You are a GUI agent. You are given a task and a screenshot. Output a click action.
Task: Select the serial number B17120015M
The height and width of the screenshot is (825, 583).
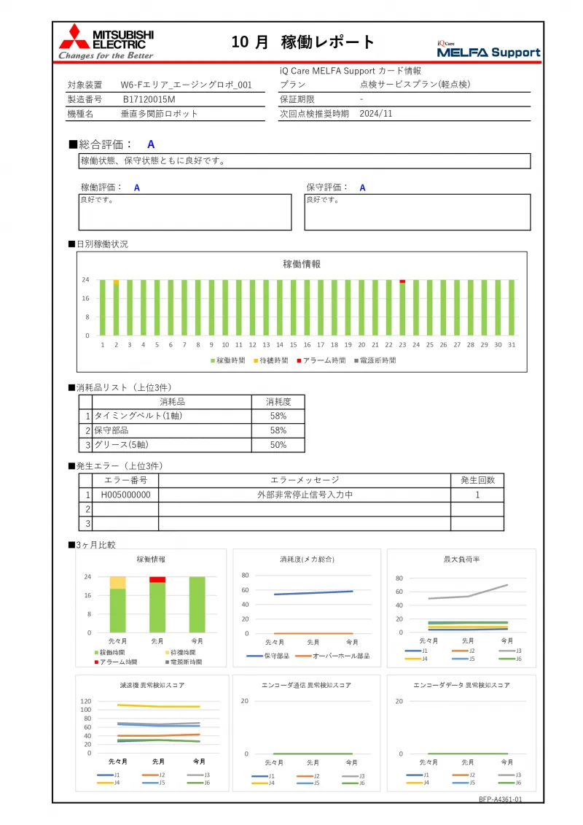[x=149, y=99]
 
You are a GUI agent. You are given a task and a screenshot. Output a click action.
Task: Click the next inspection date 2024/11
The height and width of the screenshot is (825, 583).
[x=376, y=114]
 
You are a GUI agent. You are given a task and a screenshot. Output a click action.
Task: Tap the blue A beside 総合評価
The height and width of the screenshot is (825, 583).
[x=151, y=144]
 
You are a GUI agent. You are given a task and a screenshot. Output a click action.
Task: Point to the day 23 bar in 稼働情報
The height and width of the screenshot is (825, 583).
[x=402, y=307]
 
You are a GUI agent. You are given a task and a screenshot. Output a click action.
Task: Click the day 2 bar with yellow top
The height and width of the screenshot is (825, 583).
[x=116, y=307]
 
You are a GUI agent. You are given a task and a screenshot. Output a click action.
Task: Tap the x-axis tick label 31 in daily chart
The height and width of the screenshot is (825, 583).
[x=512, y=345]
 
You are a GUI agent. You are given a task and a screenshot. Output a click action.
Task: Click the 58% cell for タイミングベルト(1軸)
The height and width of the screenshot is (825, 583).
[x=278, y=416]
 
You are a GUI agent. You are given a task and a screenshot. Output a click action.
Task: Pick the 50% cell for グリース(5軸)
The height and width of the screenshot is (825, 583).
[x=278, y=445]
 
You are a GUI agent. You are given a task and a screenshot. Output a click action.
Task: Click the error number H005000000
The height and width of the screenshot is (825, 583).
[x=125, y=495]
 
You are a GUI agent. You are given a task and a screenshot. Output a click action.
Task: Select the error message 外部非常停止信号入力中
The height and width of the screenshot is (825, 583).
[x=304, y=495]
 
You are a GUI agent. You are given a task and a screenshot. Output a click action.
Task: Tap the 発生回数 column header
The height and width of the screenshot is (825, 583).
[x=477, y=480]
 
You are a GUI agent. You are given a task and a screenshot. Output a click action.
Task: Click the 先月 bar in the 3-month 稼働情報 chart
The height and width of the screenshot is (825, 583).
[x=157, y=604]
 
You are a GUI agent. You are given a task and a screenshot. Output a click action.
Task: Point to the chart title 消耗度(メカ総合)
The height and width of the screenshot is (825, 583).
[x=306, y=559]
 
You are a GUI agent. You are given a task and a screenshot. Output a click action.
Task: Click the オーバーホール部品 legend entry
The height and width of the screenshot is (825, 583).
[x=336, y=656]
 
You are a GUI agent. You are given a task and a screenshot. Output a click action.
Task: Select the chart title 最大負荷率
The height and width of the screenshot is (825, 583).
[x=461, y=559]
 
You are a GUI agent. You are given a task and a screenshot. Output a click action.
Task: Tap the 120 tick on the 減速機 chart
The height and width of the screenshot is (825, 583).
[x=86, y=700]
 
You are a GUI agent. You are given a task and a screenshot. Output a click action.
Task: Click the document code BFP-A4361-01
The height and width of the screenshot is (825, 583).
[x=501, y=799]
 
